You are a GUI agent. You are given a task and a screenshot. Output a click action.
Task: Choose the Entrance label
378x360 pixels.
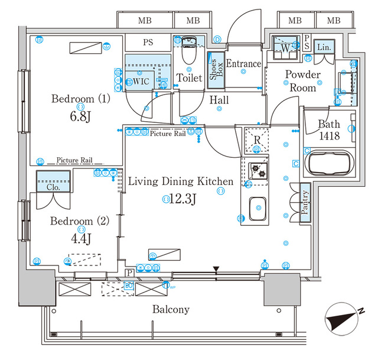pos(243,64)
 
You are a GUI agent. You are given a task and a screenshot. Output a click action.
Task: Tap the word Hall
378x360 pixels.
pos(219,101)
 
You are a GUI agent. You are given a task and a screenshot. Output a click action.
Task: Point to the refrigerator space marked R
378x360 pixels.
pos(257,140)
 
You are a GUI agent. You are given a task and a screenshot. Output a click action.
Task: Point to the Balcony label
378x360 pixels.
pos(171,309)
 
